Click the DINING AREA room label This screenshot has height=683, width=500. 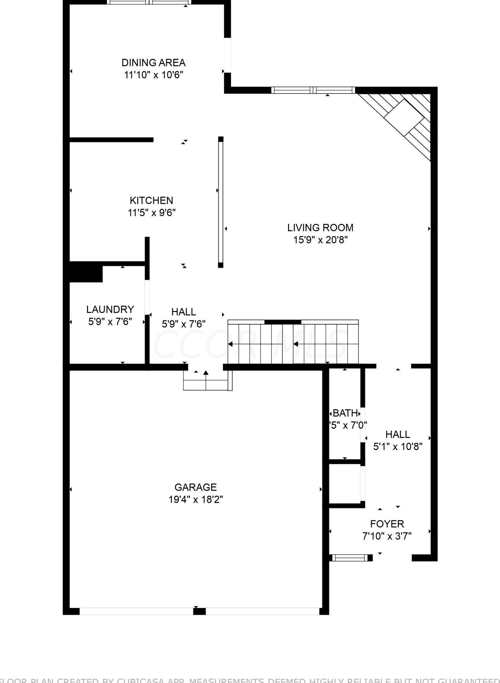point(153,62)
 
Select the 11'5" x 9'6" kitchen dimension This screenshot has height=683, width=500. point(151,213)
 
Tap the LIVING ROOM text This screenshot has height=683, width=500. point(320,228)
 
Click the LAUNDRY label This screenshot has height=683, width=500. point(110,310)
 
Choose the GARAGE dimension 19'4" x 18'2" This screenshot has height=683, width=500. point(195,500)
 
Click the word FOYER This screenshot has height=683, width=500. point(387,524)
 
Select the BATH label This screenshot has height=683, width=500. point(345,413)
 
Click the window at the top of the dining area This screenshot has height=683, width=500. point(149,2)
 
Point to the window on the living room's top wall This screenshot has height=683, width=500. point(313,90)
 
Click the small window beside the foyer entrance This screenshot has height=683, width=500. point(350,557)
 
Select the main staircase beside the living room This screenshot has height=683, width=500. point(293,343)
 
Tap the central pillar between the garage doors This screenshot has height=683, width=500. point(199,611)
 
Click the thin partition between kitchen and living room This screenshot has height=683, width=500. point(221,202)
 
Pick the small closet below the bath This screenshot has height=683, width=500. point(345,483)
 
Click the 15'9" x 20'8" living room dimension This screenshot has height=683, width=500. point(320,240)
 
